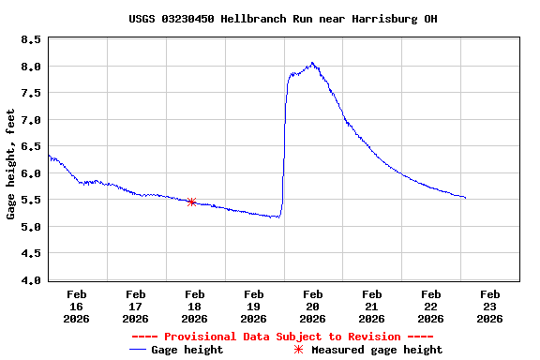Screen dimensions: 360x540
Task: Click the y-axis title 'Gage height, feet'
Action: click(x=10, y=164)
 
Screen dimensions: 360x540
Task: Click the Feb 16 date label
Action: click(x=76, y=306)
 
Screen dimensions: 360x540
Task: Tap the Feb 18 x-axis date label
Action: click(x=194, y=306)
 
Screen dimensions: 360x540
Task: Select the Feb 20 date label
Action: click(x=312, y=306)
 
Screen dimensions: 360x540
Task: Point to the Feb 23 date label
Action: click(x=489, y=306)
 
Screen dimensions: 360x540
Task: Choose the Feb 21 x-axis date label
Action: click(x=371, y=306)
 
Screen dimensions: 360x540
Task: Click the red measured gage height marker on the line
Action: click(x=191, y=202)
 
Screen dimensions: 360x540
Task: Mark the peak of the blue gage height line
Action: click(x=312, y=63)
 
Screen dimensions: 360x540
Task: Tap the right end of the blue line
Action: click(x=465, y=198)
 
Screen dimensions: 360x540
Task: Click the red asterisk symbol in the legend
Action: click(x=299, y=350)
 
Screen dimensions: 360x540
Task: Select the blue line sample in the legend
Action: click(x=139, y=350)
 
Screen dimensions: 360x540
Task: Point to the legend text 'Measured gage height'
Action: click(x=377, y=350)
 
